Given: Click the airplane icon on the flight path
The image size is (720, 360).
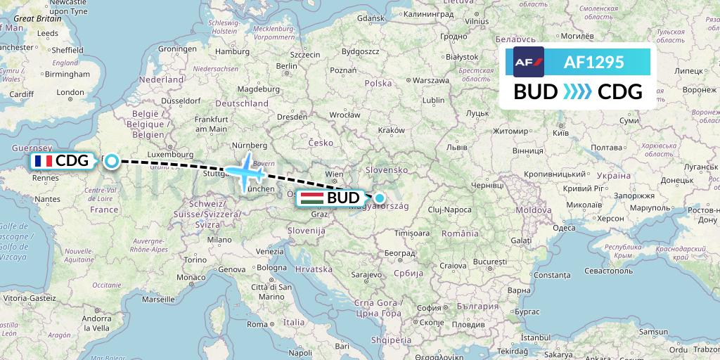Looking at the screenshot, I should point(245,169).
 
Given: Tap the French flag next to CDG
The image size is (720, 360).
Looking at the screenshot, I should point(43,161).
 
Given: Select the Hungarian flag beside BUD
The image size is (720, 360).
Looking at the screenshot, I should point(311,198).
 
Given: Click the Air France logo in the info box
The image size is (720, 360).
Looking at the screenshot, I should point(528,62).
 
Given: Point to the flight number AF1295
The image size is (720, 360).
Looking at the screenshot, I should point(593,62).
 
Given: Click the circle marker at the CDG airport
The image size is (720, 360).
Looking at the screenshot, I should point(112,162).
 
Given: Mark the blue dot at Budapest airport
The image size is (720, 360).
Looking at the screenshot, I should point(380,198).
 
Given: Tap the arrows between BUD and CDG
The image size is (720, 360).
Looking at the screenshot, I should point(578,92).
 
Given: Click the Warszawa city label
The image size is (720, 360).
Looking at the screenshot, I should point(430,80).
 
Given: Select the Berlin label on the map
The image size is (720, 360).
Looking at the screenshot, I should point(285,66).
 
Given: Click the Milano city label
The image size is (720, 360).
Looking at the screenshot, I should point(218,239).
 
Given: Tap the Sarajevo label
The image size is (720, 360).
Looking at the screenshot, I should point(366,273).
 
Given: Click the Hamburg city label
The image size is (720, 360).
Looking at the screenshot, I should point(232,51).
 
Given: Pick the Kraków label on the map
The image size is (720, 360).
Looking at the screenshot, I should point(391,130).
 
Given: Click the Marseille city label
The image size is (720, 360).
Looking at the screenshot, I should point(158,299).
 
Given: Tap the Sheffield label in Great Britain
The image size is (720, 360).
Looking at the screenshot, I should point(67,51).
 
